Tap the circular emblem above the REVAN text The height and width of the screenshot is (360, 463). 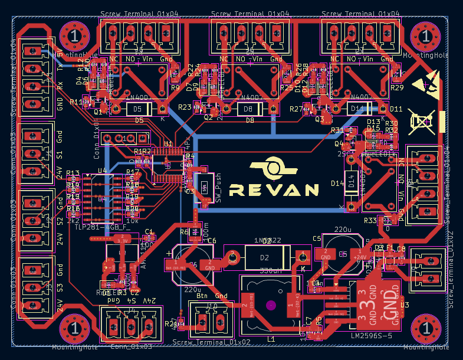[272, 168]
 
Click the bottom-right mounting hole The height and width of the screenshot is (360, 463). [425, 329]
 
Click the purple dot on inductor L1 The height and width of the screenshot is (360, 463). [270, 305]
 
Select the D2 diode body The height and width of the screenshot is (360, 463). [265, 258]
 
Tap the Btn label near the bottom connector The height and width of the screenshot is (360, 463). [202, 296]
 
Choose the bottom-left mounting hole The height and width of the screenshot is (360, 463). [75, 329]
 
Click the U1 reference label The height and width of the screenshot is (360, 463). [168, 144]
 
